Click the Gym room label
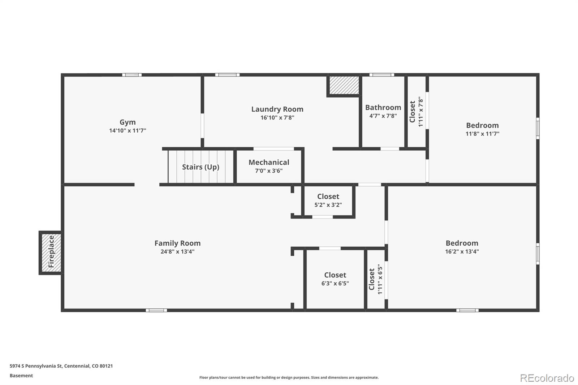pyautogui.click(x=128, y=122)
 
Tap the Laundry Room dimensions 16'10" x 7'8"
pyautogui.click(x=277, y=118)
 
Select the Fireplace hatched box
pyautogui.click(x=51, y=252)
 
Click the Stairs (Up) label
pyautogui.click(x=200, y=167)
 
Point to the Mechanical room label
pyautogui.click(x=269, y=163)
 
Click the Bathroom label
pyautogui.click(x=383, y=107)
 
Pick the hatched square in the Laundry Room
pyautogui.click(x=344, y=85)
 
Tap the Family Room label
pyautogui.click(x=177, y=243)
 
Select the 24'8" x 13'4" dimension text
pyautogui.click(x=177, y=252)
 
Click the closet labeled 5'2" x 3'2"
pyautogui.click(x=328, y=200)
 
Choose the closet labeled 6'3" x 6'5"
pyautogui.click(x=335, y=279)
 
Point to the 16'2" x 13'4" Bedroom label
pyautogui.click(x=462, y=243)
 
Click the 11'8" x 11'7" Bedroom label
pyautogui.click(x=482, y=125)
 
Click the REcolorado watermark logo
pyautogui.click(x=547, y=378)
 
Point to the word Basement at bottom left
pyautogui.click(x=21, y=376)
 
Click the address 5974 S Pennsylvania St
pyautogui.click(x=61, y=366)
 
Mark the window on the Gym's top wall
pyautogui.click(x=131, y=75)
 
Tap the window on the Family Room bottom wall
pyautogui.click(x=156, y=310)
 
